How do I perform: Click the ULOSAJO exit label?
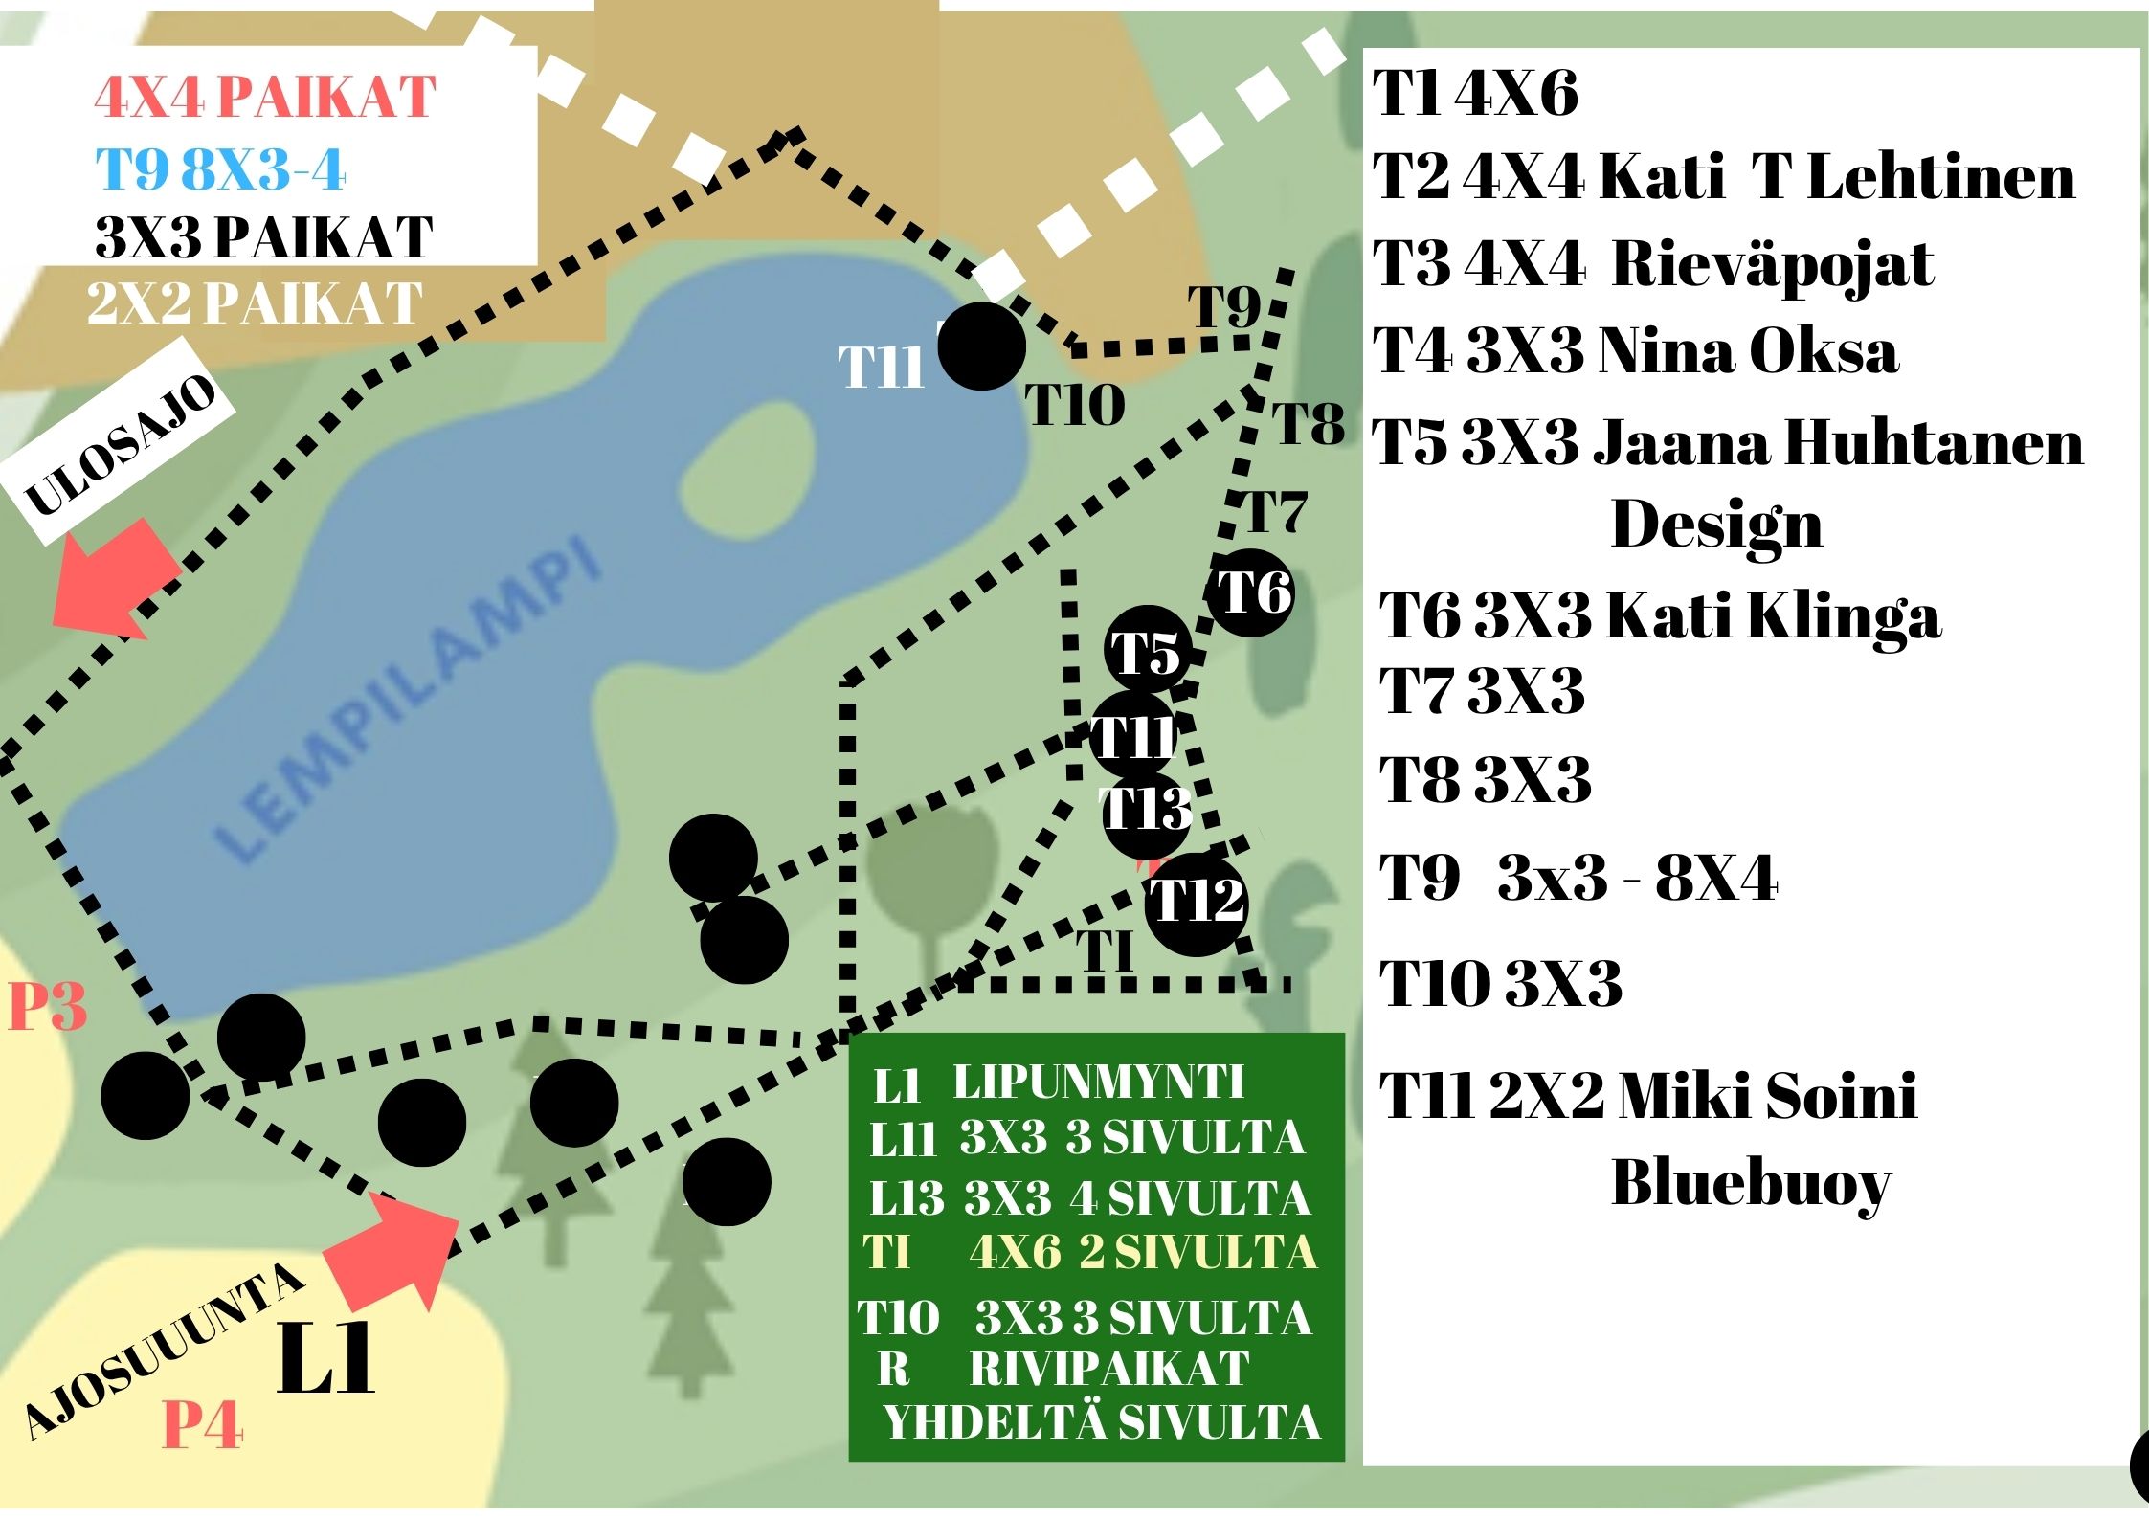[121, 445]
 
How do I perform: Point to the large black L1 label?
[325, 1361]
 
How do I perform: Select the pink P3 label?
[47, 1008]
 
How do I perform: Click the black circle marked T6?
[1251, 593]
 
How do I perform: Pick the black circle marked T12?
[1197, 903]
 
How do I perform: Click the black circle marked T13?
[1147, 810]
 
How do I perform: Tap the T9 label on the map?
[1225, 308]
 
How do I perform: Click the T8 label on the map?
[1308, 423]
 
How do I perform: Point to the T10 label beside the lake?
[1075, 405]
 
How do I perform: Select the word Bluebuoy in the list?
[1751, 1184]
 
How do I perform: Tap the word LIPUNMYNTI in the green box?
[1098, 1083]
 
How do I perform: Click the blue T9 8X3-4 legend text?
[220, 170]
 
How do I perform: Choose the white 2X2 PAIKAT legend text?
[255, 303]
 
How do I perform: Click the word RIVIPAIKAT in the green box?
[1109, 1369]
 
